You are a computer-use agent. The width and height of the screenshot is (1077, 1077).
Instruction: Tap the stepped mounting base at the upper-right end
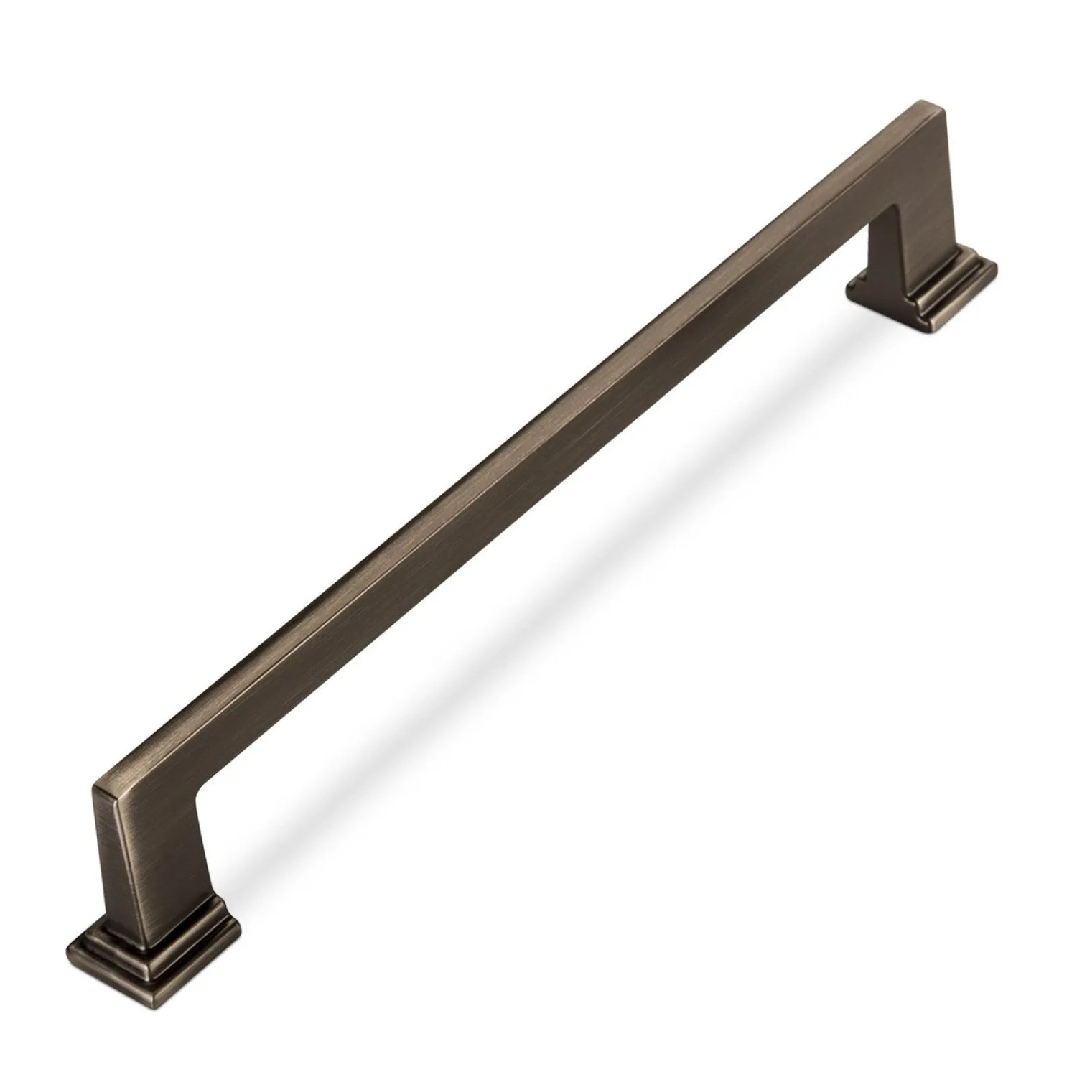coord(926,291)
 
